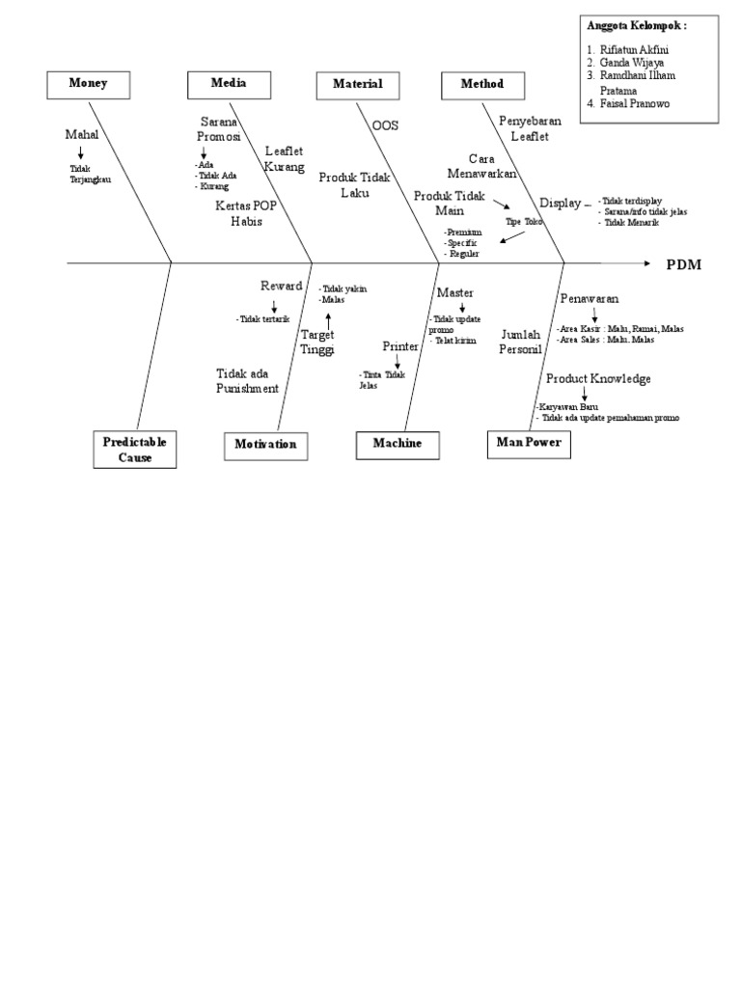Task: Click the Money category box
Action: [88, 85]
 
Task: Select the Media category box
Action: [229, 85]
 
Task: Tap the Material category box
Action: [358, 85]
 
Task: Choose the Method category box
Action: [482, 85]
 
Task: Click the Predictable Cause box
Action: [136, 450]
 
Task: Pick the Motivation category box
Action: [265, 445]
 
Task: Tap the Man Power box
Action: [529, 444]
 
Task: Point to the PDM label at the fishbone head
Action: [684, 264]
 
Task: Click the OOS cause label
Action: [385, 125]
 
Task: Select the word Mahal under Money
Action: [82, 135]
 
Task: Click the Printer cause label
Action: [400, 345]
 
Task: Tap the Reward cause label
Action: [281, 287]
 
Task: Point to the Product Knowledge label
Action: [598, 378]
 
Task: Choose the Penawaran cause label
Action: [590, 299]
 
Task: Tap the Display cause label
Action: [560, 203]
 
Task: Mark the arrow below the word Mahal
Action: [81, 152]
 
